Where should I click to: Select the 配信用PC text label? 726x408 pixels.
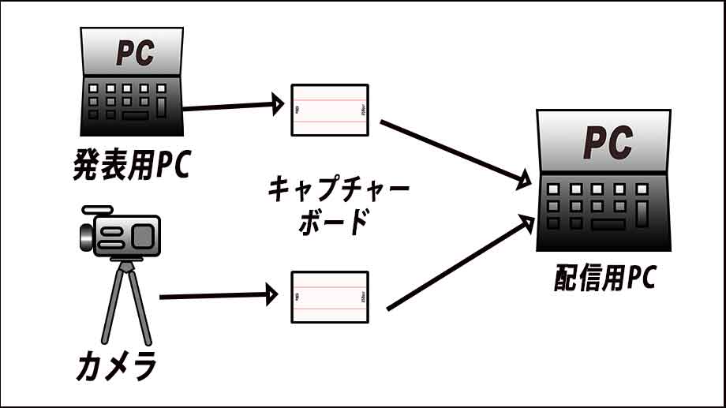tap(604, 278)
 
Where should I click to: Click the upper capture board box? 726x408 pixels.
tap(329, 110)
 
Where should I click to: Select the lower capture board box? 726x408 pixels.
tap(329, 297)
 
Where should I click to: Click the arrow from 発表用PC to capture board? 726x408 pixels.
tap(232, 105)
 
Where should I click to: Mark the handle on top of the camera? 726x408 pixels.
tap(98, 211)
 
